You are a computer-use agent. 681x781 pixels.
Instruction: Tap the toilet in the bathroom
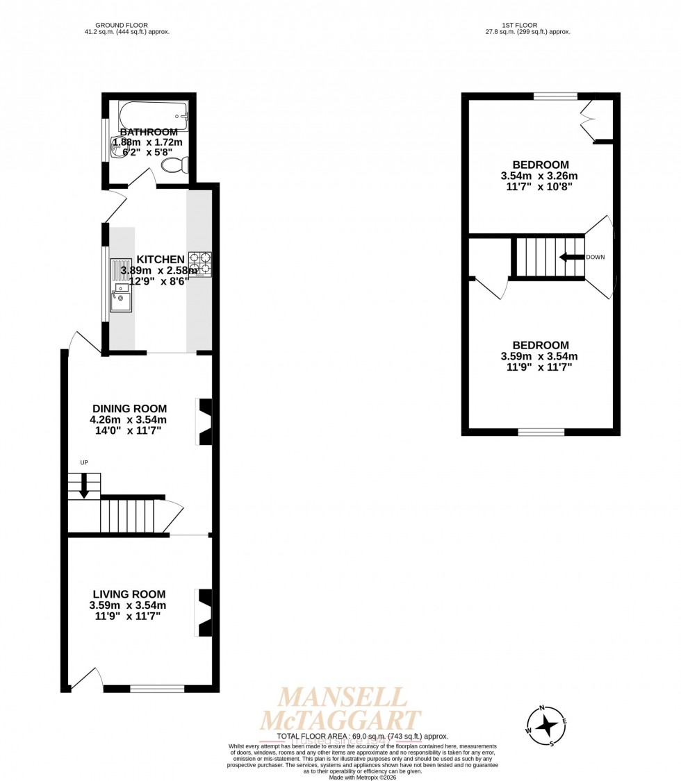point(174,165)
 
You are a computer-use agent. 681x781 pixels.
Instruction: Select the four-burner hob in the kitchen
point(200,264)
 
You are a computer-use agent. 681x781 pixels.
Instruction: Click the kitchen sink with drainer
point(120,291)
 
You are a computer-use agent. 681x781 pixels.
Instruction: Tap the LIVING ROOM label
point(129,594)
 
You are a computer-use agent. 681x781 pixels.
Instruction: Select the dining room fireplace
point(204,421)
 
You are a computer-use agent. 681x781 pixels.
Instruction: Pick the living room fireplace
point(204,613)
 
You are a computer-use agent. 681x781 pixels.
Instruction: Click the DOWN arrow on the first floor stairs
point(571,257)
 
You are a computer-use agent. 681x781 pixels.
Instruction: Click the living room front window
point(157,689)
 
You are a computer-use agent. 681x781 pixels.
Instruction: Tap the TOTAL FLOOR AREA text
point(362,736)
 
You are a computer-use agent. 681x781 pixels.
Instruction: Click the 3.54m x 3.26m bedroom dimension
point(539,176)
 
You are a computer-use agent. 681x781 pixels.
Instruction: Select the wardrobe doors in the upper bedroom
point(589,119)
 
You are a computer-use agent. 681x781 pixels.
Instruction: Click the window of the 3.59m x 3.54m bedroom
point(541,432)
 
